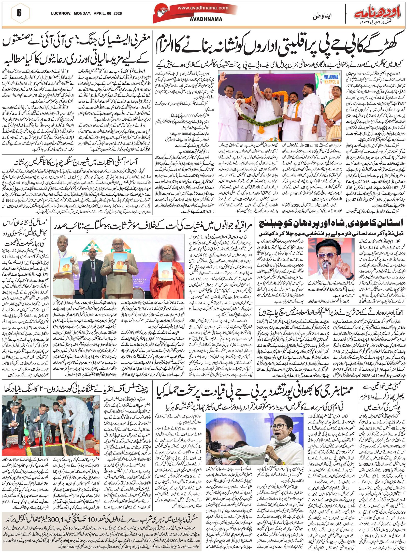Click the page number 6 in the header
tap(19, 13)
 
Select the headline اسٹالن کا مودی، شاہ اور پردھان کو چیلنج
tap(331, 223)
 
